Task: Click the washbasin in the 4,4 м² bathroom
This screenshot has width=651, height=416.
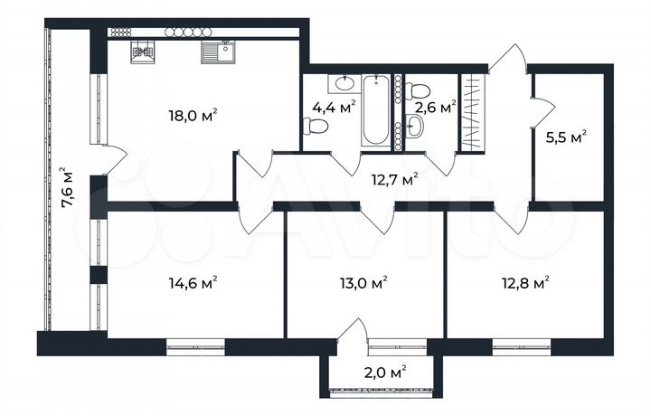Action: pyautogui.click(x=344, y=84)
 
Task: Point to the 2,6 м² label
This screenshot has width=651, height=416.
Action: pyautogui.click(x=434, y=108)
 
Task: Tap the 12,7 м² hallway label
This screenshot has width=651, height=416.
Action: pyautogui.click(x=395, y=179)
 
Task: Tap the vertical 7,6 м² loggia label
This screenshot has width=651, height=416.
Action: pyautogui.click(x=66, y=186)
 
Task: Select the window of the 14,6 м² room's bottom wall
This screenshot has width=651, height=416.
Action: pyautogui.click(x=194, y=344)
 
